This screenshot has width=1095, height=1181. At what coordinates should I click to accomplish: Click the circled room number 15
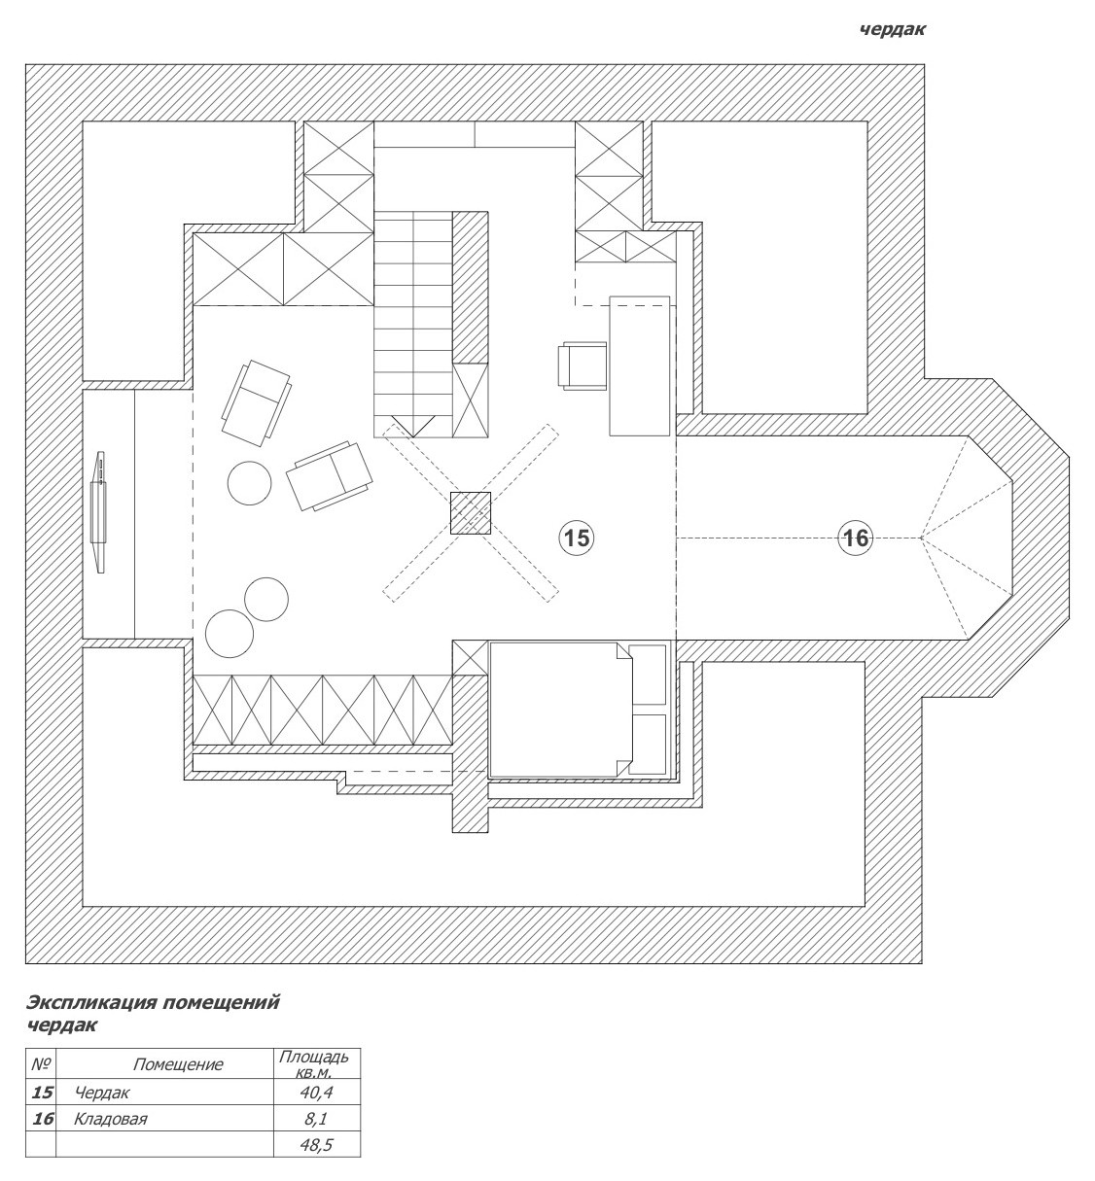pos(576,538)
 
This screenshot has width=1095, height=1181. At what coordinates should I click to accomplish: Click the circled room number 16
pos(856,538)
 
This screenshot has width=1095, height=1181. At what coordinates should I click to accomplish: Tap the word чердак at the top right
pos(893,30)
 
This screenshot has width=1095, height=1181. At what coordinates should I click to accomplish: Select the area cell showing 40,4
pos(317,1093)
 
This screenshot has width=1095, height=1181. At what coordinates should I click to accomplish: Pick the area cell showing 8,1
pos(316,1119)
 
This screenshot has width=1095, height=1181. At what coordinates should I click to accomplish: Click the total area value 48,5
pos(317,1145)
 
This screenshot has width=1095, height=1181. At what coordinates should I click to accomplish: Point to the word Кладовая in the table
pos(110,1119)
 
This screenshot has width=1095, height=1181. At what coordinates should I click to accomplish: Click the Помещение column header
pos(178,1064)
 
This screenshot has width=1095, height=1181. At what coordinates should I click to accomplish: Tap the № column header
pos(41,1064)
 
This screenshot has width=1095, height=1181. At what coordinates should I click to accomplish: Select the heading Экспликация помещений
pos(153,1002)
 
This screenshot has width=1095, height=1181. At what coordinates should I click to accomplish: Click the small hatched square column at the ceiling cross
pos(470,512)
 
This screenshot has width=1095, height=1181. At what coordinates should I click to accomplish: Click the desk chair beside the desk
pos(583,365)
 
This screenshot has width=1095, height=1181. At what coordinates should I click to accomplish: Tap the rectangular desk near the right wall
pos(640,365)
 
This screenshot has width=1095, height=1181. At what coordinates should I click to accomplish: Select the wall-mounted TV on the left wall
pos(99,512)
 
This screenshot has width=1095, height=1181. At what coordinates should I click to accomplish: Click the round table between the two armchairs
pos(250,483)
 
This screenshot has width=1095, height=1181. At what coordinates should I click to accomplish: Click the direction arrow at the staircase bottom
pos(413,430)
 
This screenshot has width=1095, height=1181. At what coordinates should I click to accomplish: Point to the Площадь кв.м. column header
pos(314,1064)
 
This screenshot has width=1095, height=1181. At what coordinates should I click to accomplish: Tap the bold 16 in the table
pos(43,1119)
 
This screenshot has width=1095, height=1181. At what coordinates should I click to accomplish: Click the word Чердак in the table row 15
pos(102,1093)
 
